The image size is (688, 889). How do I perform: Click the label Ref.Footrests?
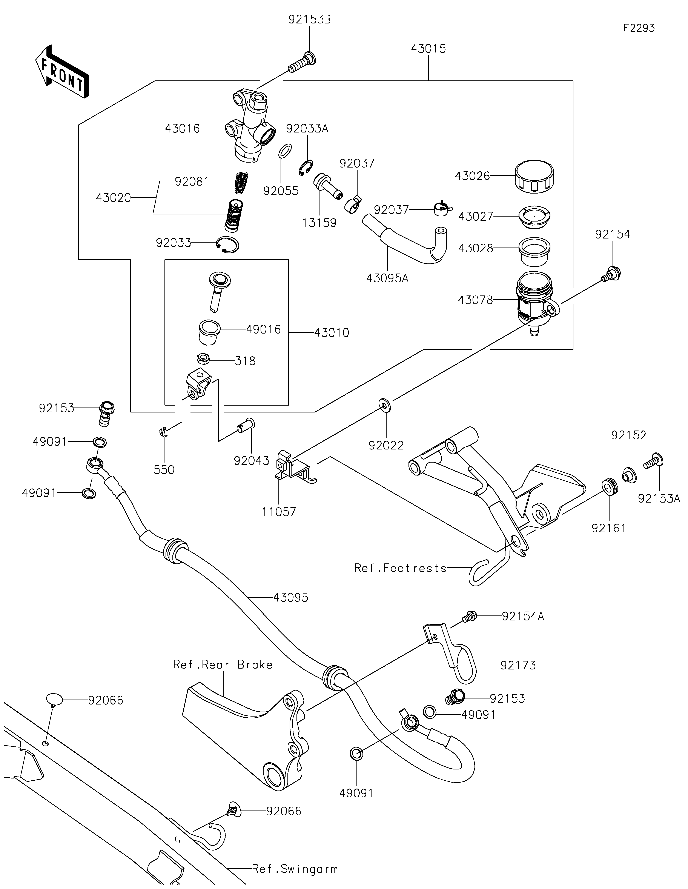[x=400, y=568]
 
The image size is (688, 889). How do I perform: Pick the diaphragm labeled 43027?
[x=534, y=215]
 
